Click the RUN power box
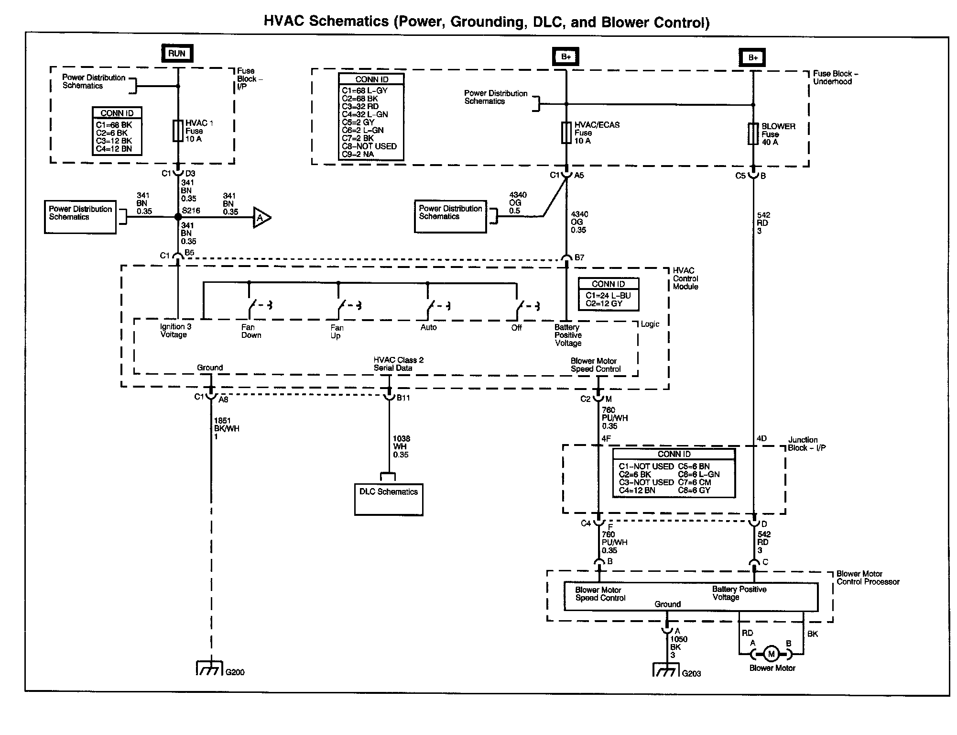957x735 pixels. point(177,54)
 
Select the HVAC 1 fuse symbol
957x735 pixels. point(178,131)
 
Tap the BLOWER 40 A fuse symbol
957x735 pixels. point(753,134)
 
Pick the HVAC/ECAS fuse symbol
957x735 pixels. point(566,133)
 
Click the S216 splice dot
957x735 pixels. point(178,217)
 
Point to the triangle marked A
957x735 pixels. point(261,218)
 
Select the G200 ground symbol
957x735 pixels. point(210,668)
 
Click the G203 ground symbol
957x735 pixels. point(666,669)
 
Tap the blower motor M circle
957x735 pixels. point(771,654)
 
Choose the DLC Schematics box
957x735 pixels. point(389,500)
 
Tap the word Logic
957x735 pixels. point(650,324)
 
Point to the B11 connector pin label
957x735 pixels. point(403,398)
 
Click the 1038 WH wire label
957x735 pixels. point(402,446)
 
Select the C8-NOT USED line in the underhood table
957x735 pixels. point(369,146)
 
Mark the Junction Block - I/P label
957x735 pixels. point(807,444)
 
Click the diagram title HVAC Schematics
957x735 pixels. point(326,22)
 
